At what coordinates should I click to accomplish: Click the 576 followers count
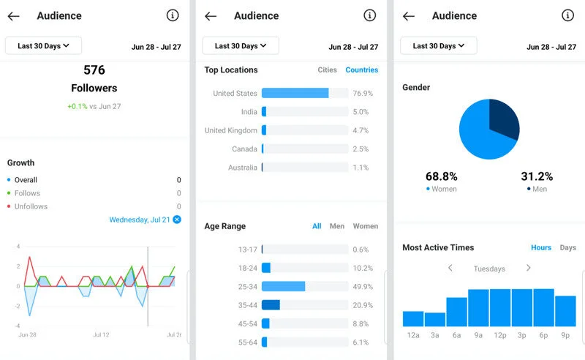point(94,70)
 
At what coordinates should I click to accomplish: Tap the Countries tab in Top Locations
point(361,70)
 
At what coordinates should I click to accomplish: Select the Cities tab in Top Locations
point(327,70)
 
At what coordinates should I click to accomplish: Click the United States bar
point(295,94)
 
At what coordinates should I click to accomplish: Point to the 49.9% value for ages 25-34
point(362,287)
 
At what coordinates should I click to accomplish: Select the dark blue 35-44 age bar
point(271,305)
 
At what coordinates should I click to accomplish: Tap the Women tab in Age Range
point(365,226)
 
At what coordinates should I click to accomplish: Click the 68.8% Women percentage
point(441,176)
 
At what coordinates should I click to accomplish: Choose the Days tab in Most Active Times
point(567,247)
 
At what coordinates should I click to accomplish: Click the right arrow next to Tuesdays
point(528,269)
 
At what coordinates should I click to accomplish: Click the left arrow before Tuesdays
point(450,269)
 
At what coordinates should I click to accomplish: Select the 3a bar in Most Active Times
point(435,319)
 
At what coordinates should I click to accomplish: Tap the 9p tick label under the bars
point(565,335)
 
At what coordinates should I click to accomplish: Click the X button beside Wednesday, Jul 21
point(177,220)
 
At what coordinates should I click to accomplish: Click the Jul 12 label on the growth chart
point(101,334)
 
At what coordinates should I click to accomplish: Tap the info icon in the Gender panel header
point(567,15)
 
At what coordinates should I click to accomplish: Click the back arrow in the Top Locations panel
point(211,16)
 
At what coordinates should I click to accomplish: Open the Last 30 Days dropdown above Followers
point(43,45)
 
